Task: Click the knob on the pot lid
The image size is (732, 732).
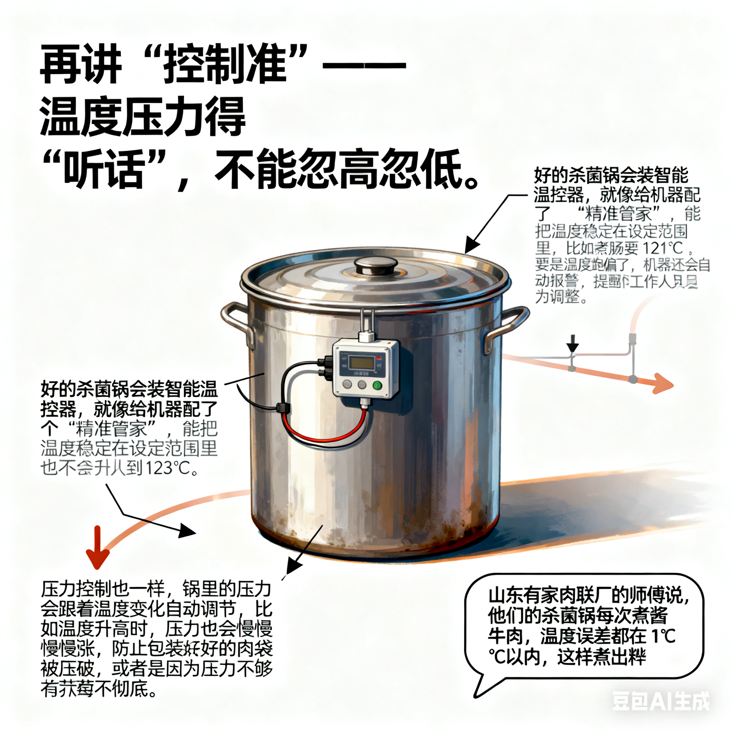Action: [376, 265]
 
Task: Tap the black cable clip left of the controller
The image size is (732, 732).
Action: [283, 408]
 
